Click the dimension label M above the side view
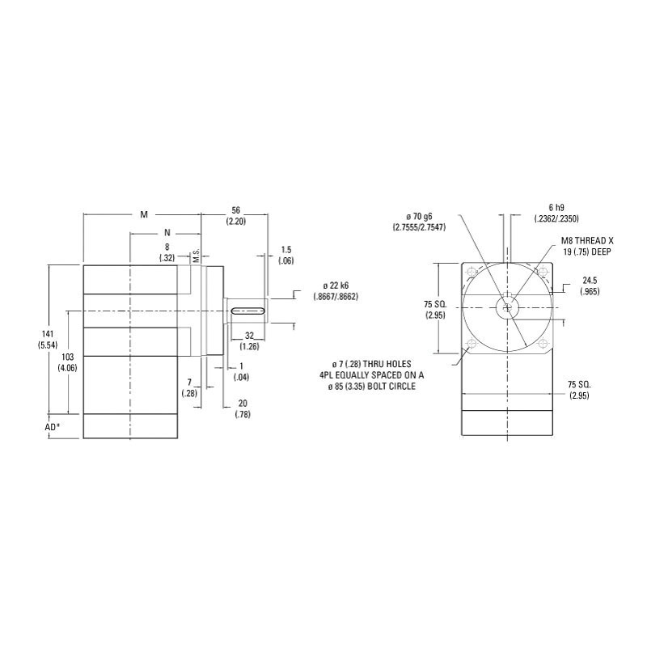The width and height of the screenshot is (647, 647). pos(144,214)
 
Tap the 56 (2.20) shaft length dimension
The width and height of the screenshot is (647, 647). pos(236,214)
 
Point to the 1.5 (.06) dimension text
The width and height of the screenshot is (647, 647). pos(285,255)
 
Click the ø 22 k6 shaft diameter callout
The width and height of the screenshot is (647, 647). pos(335,291)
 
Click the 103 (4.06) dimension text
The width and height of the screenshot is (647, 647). pos(68,362)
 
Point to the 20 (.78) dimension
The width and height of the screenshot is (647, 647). pos(242,408)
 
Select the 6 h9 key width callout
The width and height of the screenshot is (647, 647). pos(556,214)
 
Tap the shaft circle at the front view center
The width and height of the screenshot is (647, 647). pos(506,307)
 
